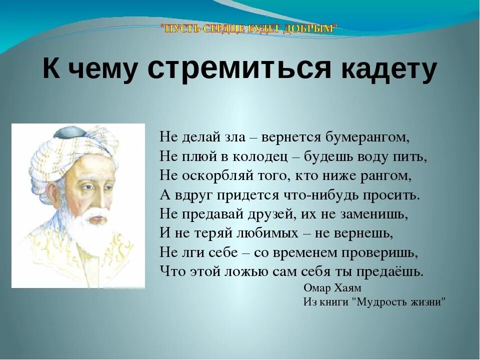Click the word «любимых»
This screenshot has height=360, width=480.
click(268, 233)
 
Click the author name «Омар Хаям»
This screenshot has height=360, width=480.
click(332, 288)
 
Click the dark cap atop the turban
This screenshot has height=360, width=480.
click(70, 132)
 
